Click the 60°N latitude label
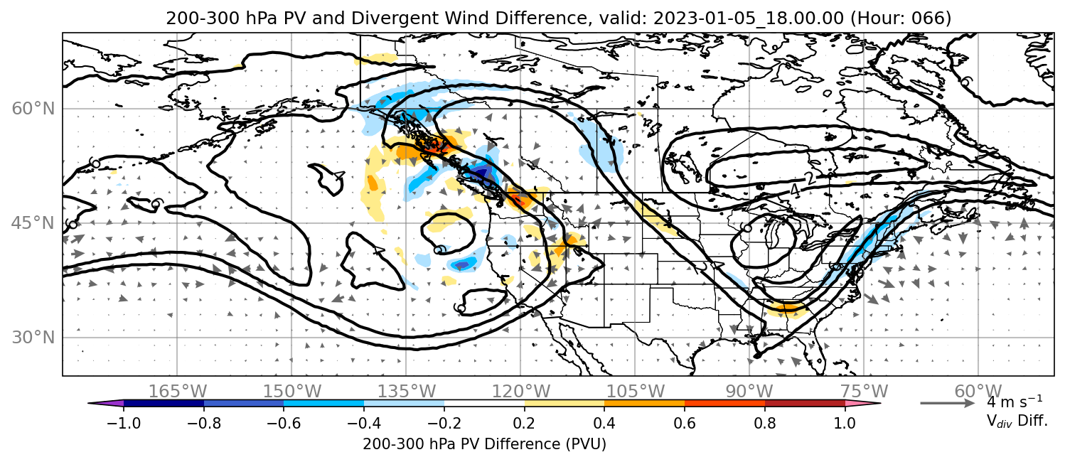tap(33, 109)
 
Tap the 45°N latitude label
tap(33, 223)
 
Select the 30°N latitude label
tap(33, 338)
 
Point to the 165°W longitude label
tap(178, 392)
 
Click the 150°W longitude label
tap(292, 392)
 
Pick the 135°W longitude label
tap(407, 392)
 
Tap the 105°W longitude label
tap(635, 392)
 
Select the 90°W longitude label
tap(749, 392)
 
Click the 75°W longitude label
tap(864, 392)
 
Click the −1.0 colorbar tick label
tap(124, 423)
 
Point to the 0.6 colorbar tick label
tap(685, 423)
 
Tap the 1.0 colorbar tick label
tap(845, 423)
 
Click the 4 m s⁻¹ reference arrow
tap(948, 404)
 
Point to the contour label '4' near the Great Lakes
tap(794, 190)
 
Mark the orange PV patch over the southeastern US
tap(788, 308)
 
